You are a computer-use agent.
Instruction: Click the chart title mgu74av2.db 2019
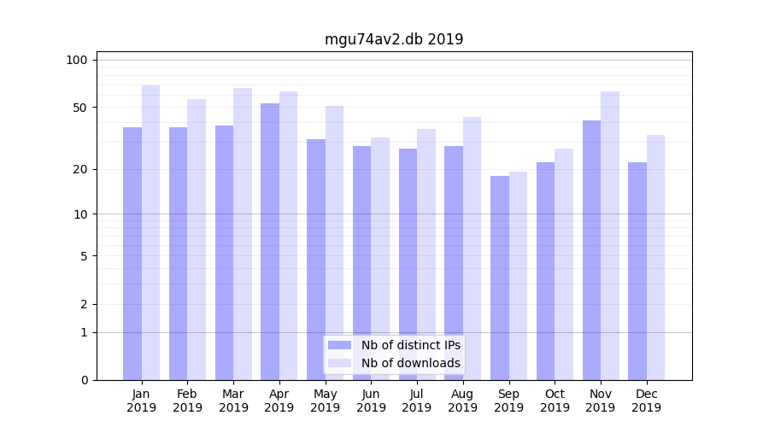point(394,39)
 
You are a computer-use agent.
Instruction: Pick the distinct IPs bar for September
point(500,278)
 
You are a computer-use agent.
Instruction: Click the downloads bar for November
point(609,236)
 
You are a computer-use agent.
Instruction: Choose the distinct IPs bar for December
point(637,271)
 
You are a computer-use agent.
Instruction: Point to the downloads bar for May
point(334,243)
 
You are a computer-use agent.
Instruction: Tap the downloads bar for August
point(472,249)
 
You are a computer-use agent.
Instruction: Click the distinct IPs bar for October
point(545,271)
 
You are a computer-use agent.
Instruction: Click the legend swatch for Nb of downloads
point(339,363)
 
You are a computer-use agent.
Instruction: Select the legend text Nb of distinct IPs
point(411,345)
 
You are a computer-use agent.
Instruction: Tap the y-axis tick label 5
point(84,255)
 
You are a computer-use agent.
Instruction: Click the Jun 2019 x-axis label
point(371,401)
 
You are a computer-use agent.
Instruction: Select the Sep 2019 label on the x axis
point(508,401)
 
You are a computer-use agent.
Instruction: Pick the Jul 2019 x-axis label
point(417,401)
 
